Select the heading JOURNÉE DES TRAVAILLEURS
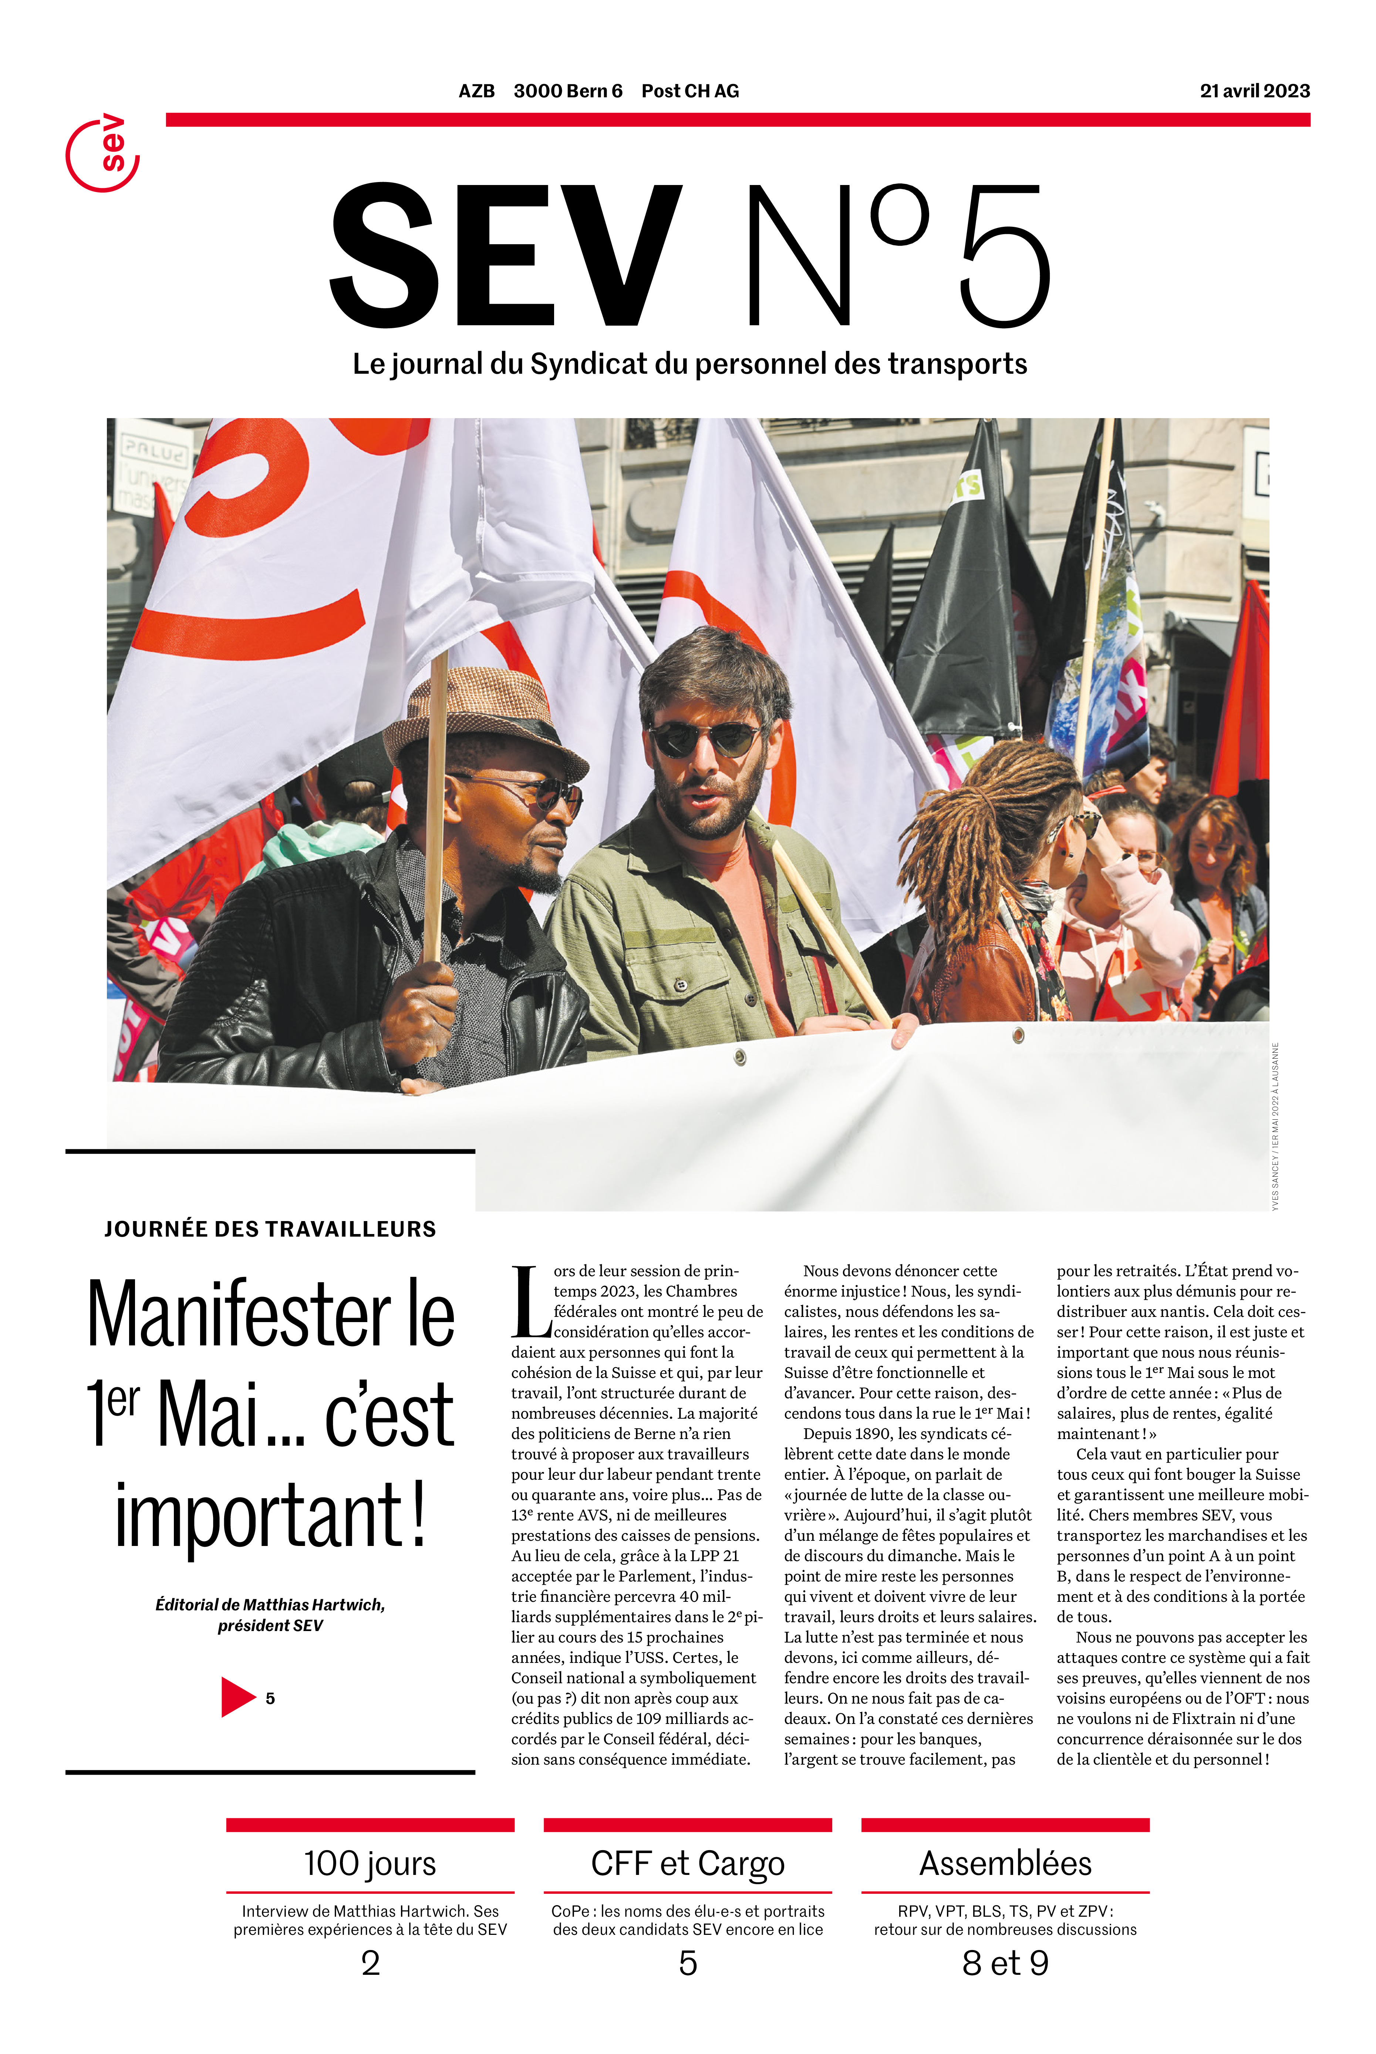click(270, 1229)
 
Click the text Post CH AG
click(690, 91)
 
